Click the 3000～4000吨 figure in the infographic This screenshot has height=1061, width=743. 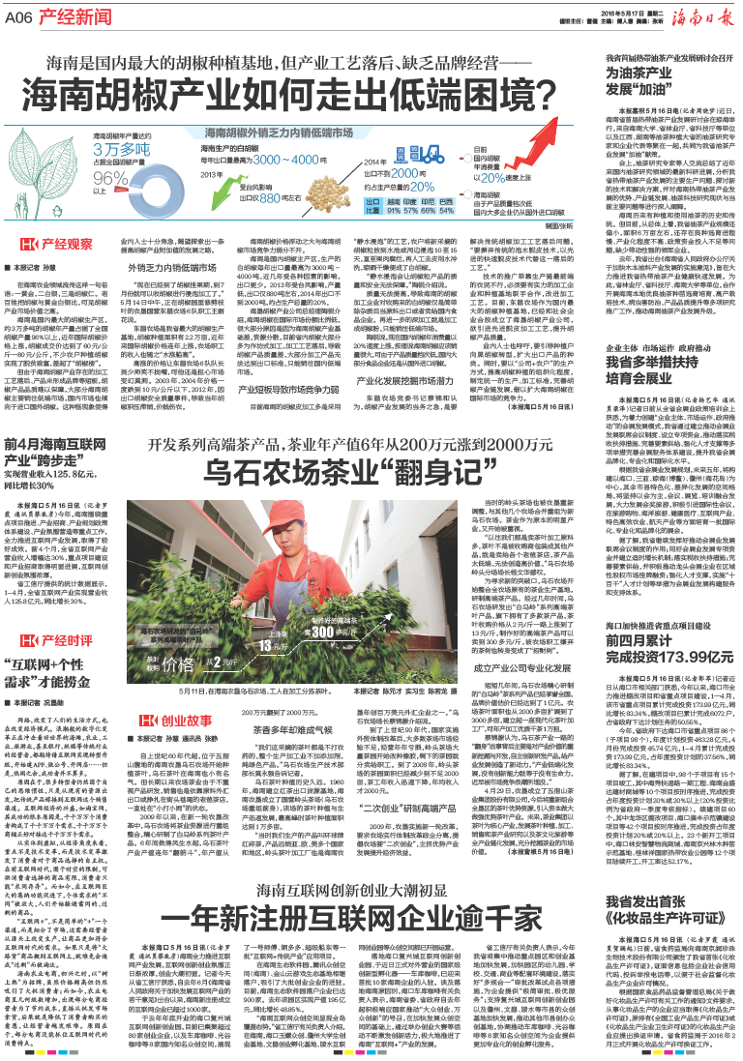tap(289, 158)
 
